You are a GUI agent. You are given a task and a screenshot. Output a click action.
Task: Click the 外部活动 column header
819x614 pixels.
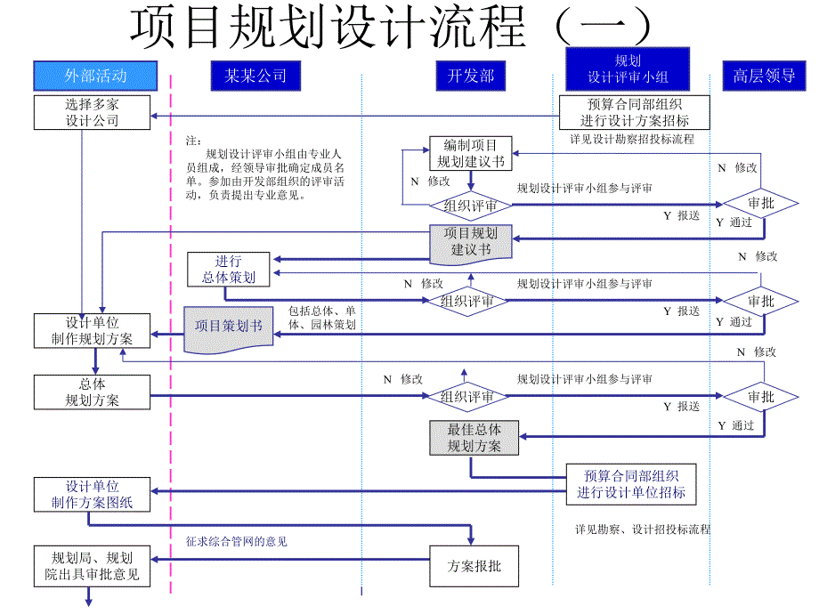tap(95, 76)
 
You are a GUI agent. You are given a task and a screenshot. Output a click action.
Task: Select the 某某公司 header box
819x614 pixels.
tap(255, 76)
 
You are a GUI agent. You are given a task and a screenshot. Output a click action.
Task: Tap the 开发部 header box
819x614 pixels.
tap(470, 76)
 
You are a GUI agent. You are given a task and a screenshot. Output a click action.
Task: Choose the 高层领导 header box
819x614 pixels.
tap(764, 76)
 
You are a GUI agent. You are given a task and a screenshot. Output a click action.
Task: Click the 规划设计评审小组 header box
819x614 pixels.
tap(628, 69)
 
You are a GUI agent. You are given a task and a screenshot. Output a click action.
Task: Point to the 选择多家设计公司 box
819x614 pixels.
tap(92, 112)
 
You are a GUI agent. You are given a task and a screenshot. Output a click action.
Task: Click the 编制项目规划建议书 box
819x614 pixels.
tap(470, 153)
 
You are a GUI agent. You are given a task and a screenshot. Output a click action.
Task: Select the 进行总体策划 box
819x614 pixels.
tap(229, 270)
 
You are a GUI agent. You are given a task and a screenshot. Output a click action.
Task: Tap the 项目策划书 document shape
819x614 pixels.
tap(228, 327)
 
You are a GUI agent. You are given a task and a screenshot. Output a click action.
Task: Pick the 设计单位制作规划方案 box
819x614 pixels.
tap(92, 330)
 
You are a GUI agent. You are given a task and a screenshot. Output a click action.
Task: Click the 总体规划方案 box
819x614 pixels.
tap(92, 392)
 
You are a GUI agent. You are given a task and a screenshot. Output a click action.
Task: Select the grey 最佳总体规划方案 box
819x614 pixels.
tap(474, 438)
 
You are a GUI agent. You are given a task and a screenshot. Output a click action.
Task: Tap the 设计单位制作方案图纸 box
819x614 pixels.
tap(92, 495)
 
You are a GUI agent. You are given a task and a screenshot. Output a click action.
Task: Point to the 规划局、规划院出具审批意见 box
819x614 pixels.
tap(92, 566)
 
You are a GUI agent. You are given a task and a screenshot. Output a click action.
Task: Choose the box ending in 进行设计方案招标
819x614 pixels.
tap(635, 112)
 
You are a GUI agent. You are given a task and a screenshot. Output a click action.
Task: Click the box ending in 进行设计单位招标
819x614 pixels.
tap(631, 484)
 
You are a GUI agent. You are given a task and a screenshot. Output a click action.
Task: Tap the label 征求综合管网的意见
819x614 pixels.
tap(236, 541)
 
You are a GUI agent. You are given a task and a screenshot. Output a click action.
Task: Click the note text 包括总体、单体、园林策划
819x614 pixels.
tap(321, 319)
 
